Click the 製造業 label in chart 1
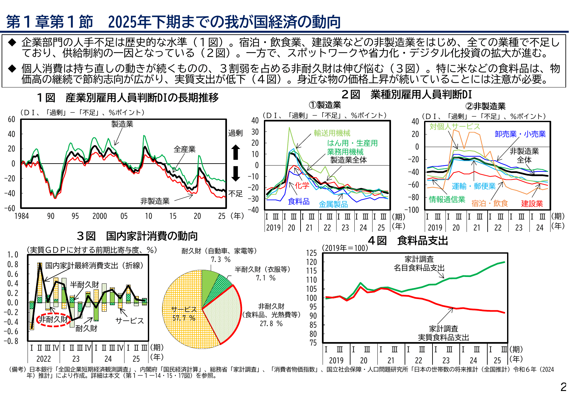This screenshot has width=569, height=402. coord(122,124)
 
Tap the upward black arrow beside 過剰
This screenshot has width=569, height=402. coord(236,152)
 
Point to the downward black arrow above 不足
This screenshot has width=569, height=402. coord(236,174)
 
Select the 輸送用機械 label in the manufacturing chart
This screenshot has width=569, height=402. coord(332,133)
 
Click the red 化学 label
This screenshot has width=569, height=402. coord(302,185)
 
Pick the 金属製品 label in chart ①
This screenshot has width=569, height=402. coord(333,204)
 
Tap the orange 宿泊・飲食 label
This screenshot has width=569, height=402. coord(490,203)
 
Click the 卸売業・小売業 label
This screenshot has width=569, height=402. coord(520,134)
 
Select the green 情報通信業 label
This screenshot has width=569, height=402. coord(447,199)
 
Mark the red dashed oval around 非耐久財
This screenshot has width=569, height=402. coord(54,319)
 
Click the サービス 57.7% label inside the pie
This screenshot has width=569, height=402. coord(184,314)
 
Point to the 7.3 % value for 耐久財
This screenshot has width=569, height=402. coord(221,259)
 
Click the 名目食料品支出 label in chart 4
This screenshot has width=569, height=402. coord(419,268)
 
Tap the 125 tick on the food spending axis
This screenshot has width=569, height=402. coord(311,253)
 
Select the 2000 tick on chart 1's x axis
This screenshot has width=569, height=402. coord(100,216)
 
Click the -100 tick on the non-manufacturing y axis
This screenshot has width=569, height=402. coord(412,210)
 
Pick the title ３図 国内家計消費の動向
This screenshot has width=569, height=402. coord(137,236)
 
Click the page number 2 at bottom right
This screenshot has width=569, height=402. coord(563,387)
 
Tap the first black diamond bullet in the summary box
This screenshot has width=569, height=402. coord(12,42)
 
